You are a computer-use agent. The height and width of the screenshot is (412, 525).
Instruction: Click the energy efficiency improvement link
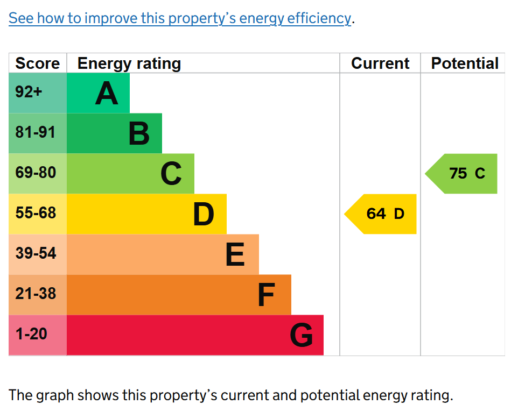point(180,18)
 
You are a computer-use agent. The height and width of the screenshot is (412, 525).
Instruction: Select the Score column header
point(38,63)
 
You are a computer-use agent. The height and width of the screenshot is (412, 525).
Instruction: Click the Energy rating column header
point(129,63)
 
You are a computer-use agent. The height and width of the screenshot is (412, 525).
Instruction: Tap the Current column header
point(380,63)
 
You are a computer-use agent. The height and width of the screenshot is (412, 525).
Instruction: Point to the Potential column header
point(465,63)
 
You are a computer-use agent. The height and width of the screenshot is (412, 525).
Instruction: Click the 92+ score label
point(29,91)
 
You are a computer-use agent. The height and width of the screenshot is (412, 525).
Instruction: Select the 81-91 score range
point(35,132)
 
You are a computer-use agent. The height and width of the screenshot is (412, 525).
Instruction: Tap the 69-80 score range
point(36,173)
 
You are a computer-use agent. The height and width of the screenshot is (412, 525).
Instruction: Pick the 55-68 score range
point(36,212)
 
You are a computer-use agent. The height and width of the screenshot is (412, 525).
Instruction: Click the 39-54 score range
point(36,253)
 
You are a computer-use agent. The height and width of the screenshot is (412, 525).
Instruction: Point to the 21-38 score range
point(36,294)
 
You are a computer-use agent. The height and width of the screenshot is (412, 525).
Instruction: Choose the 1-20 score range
point(31,334)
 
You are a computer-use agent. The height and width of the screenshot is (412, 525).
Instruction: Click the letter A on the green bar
point(107,93)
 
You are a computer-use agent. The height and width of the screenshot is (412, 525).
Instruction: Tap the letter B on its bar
point(139,133)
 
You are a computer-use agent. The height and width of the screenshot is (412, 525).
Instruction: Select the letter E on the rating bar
point(235,254)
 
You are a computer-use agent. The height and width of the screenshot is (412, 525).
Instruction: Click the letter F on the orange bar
point(267,295)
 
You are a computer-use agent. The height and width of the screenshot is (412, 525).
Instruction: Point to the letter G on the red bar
point(302,335)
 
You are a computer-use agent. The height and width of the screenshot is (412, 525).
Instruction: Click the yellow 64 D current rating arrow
point(381,214)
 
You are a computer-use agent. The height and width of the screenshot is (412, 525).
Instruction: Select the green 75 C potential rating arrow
point(461,174)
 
